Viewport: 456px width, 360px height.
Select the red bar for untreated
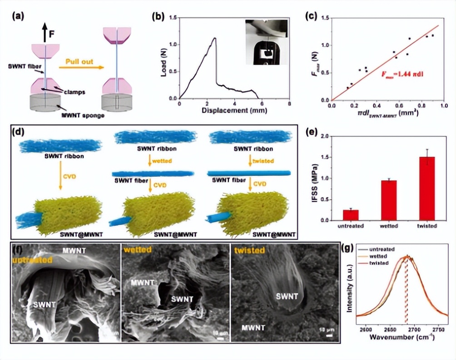[350, 215]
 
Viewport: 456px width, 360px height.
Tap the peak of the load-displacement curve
[214, 38]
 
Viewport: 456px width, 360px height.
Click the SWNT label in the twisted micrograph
[287, 296]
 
